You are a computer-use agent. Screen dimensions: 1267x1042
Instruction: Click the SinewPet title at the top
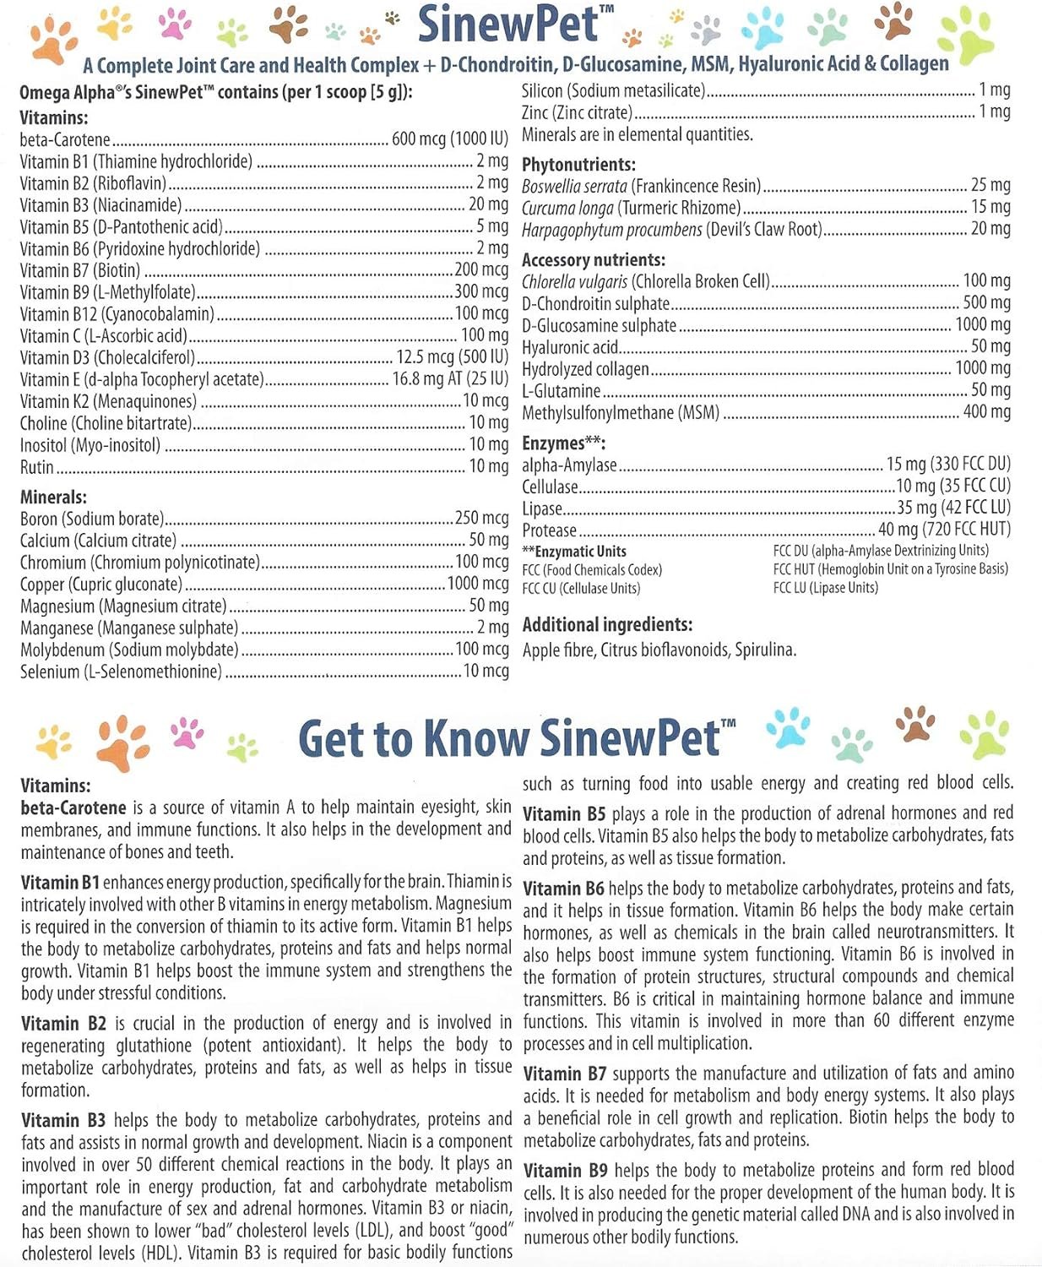tap(508, 24)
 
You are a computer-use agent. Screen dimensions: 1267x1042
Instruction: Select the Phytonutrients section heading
tap(578, 165)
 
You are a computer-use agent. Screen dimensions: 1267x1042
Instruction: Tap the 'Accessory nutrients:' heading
tap(593, 260)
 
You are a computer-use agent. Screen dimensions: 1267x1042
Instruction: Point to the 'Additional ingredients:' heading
tap(607, 625)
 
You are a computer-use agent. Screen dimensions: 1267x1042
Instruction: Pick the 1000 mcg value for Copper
tap(477, 584)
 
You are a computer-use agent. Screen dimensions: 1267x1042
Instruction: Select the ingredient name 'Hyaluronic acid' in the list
tap(570, 347)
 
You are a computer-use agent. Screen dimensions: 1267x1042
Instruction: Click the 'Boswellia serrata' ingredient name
tap(574, 187)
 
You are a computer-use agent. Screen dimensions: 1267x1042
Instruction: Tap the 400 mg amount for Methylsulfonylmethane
tap(986, 412)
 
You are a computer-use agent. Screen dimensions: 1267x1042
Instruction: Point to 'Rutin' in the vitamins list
tap(36, 467)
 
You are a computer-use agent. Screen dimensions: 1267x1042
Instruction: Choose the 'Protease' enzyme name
tap(549, 530)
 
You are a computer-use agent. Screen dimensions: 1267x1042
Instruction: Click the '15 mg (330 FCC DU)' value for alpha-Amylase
tap(947, 464)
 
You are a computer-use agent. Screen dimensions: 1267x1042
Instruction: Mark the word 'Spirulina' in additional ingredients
tap(765, 650)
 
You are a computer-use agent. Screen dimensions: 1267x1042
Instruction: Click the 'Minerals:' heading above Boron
tap(53, 498)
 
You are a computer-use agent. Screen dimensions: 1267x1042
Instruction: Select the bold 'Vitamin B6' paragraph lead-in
tap(562, 889)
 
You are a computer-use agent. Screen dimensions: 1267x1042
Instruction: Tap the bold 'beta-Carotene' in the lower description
tap(73, 808)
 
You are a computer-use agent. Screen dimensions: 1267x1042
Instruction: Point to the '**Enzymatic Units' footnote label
tap(574, 552)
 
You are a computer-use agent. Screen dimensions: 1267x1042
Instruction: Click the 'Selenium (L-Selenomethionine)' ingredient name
tap(121, 672)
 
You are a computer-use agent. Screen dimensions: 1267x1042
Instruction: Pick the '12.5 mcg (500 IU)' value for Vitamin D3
tap(452, 357)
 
